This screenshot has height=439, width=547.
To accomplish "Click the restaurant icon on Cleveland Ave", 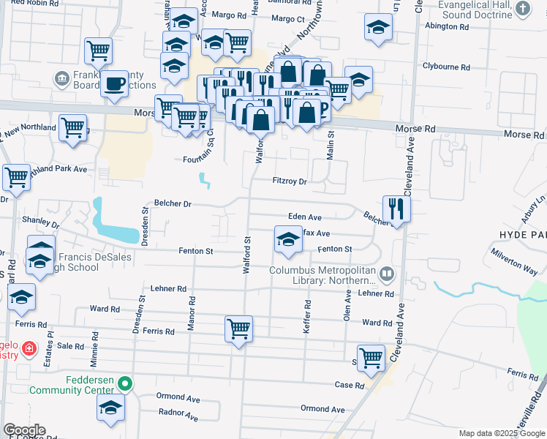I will pyautogui.click(x=396, y=209).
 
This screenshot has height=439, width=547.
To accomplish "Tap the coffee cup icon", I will pyautogui.click(x=114, y=83).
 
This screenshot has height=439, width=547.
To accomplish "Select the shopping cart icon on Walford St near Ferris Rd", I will pyautogui.click(x=238, y=329).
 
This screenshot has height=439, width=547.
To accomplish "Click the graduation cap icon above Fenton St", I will pyautogui.click(x=288, y=239).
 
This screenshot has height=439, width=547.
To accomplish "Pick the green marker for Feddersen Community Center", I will pyautogui.click(x=125, y=382).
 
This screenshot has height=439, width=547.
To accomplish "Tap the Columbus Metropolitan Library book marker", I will pyautogui.click(x=387, y=275).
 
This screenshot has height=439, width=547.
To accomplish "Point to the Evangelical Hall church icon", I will pyautogui.click(x=522, y=9).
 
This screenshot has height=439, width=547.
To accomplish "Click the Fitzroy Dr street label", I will pyautogui.click(x=289, y=181).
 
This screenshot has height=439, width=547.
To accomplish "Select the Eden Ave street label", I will pyautogui.click(x=305, y=217).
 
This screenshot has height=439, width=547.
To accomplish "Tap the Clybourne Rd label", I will pyautogui.click(x=445, y=67).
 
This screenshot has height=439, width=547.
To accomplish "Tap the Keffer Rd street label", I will pyautogui.click(x=307, y=318).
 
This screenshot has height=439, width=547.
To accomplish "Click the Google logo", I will pyautogui.click(x=24, y=430).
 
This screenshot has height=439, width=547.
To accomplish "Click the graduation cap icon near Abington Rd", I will pyautogui.click(x=377, y=27).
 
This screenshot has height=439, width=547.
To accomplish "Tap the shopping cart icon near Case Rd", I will pyautogui.click(x=371, y=357).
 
